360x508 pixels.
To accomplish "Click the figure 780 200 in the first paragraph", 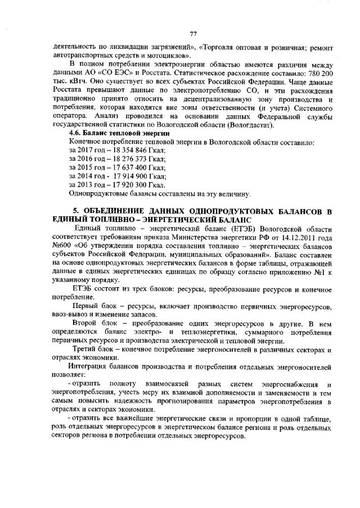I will pyautogui.click(x=317, y=74).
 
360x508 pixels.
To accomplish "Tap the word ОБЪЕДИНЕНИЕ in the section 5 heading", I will pyautogui.click(x=116, y=211).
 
